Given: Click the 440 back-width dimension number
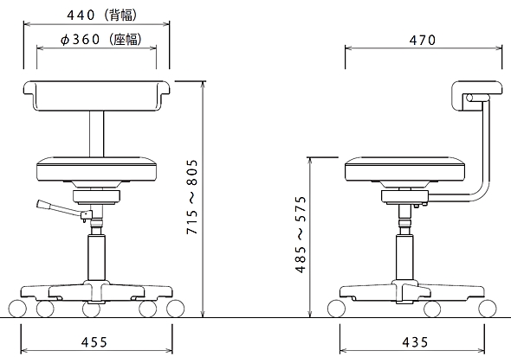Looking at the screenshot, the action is [81, 16].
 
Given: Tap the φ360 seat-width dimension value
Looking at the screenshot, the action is [81, 40].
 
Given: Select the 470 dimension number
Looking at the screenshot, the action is [423, 40].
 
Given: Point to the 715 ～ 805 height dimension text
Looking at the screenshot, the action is [192, 197].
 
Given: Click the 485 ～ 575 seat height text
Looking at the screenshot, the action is [301, 234].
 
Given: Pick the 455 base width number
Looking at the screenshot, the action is [94, 342].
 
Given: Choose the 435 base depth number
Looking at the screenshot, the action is [415, 342].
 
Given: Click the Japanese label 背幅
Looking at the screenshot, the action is [121, 16].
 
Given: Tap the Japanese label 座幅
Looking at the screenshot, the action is [126, 40].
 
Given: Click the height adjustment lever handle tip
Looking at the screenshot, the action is [41, 204].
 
